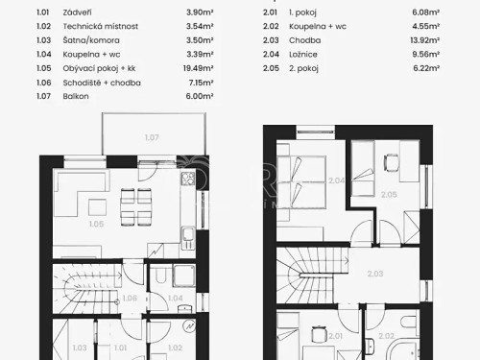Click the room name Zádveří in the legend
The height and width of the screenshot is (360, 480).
point(76,13)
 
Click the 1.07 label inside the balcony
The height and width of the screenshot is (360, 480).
point(152,138)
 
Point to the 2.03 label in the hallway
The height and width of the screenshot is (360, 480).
point(374,274)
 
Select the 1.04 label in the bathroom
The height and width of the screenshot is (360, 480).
point(176,298)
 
